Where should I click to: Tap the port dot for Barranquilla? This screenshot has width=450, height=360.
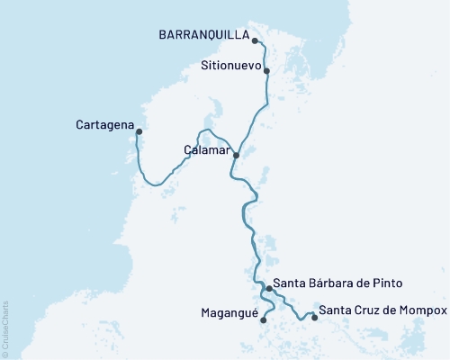(256, 40)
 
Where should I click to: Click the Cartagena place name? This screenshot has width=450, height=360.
(105, 125)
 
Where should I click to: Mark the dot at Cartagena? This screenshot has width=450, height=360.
(139, 132)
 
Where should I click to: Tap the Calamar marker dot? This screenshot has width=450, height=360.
(236, 155)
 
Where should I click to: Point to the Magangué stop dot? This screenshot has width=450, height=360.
(263, 319)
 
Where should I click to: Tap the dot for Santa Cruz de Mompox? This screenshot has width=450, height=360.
(314, 316)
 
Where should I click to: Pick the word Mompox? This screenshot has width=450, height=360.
(426, 310)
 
